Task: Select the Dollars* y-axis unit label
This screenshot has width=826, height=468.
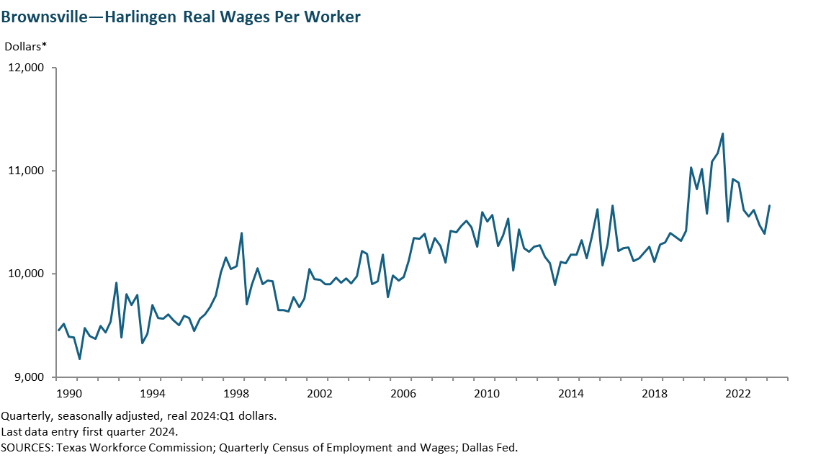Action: click(x=26, y=47)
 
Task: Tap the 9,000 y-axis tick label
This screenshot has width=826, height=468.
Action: click(x=27, y=377)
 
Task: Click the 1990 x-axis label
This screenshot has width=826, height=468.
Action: click(x=68, y=394)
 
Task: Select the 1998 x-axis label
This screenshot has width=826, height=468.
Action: click(x=236, y=394)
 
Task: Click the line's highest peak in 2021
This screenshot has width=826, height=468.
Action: click(x=722, y=133)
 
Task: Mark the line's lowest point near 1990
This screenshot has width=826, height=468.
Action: click(x=79, y=359)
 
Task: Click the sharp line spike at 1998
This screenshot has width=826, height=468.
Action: click(x=241, y=233)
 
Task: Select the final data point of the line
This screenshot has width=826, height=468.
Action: click(x=769, y=206)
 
